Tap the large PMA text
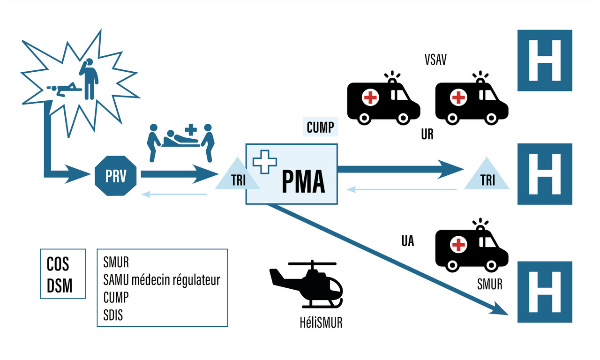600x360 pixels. tap(303, 182)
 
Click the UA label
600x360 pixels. tap(407, 241)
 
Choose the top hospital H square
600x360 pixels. tap(545, 60)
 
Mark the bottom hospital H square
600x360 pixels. tap(545, 292)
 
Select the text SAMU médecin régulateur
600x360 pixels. tap(161, 280)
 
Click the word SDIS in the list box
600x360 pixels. tap(113, 315)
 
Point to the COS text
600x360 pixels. tap(58, 264)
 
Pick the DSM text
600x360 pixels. tap(60, 285)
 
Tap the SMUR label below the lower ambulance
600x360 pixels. tap(489, 284)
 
